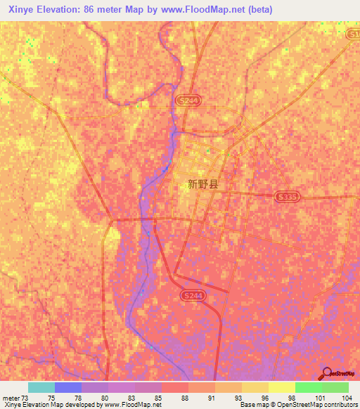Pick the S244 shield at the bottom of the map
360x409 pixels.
(x=191, y=297)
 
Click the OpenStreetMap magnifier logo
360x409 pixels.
(x=326, y=373)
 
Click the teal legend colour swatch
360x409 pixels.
(x=41, y=387)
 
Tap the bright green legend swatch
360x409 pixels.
(x=309, y=387)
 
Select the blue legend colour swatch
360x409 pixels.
(x=68, y=387)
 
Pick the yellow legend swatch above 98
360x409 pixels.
(x=282, y=387)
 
